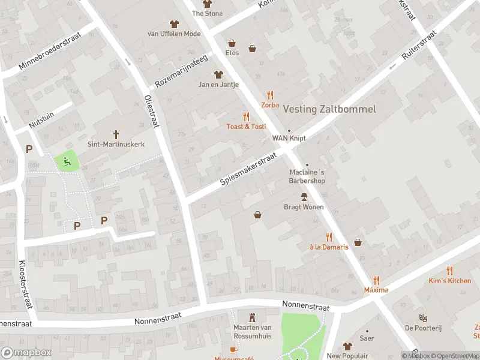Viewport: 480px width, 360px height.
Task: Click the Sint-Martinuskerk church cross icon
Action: click(x=116, y=134)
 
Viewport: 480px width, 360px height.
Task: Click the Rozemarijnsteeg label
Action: click(x=181, y=71)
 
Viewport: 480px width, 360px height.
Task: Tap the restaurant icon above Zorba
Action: click(x=270, y=95)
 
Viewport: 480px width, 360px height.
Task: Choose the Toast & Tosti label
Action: click(x=246, y=127)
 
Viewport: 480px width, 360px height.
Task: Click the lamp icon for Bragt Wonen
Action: click(x=304, y=197)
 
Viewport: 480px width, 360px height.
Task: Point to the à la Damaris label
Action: click(x=329, y=247)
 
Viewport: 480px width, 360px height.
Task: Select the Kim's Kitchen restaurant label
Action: click(x=449, y=281)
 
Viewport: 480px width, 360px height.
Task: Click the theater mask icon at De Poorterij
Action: click(x=422, y=317)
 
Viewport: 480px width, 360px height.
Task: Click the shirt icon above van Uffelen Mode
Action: click(x=174, y=24)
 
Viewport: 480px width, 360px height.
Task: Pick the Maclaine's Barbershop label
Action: click(x=307, y=176)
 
